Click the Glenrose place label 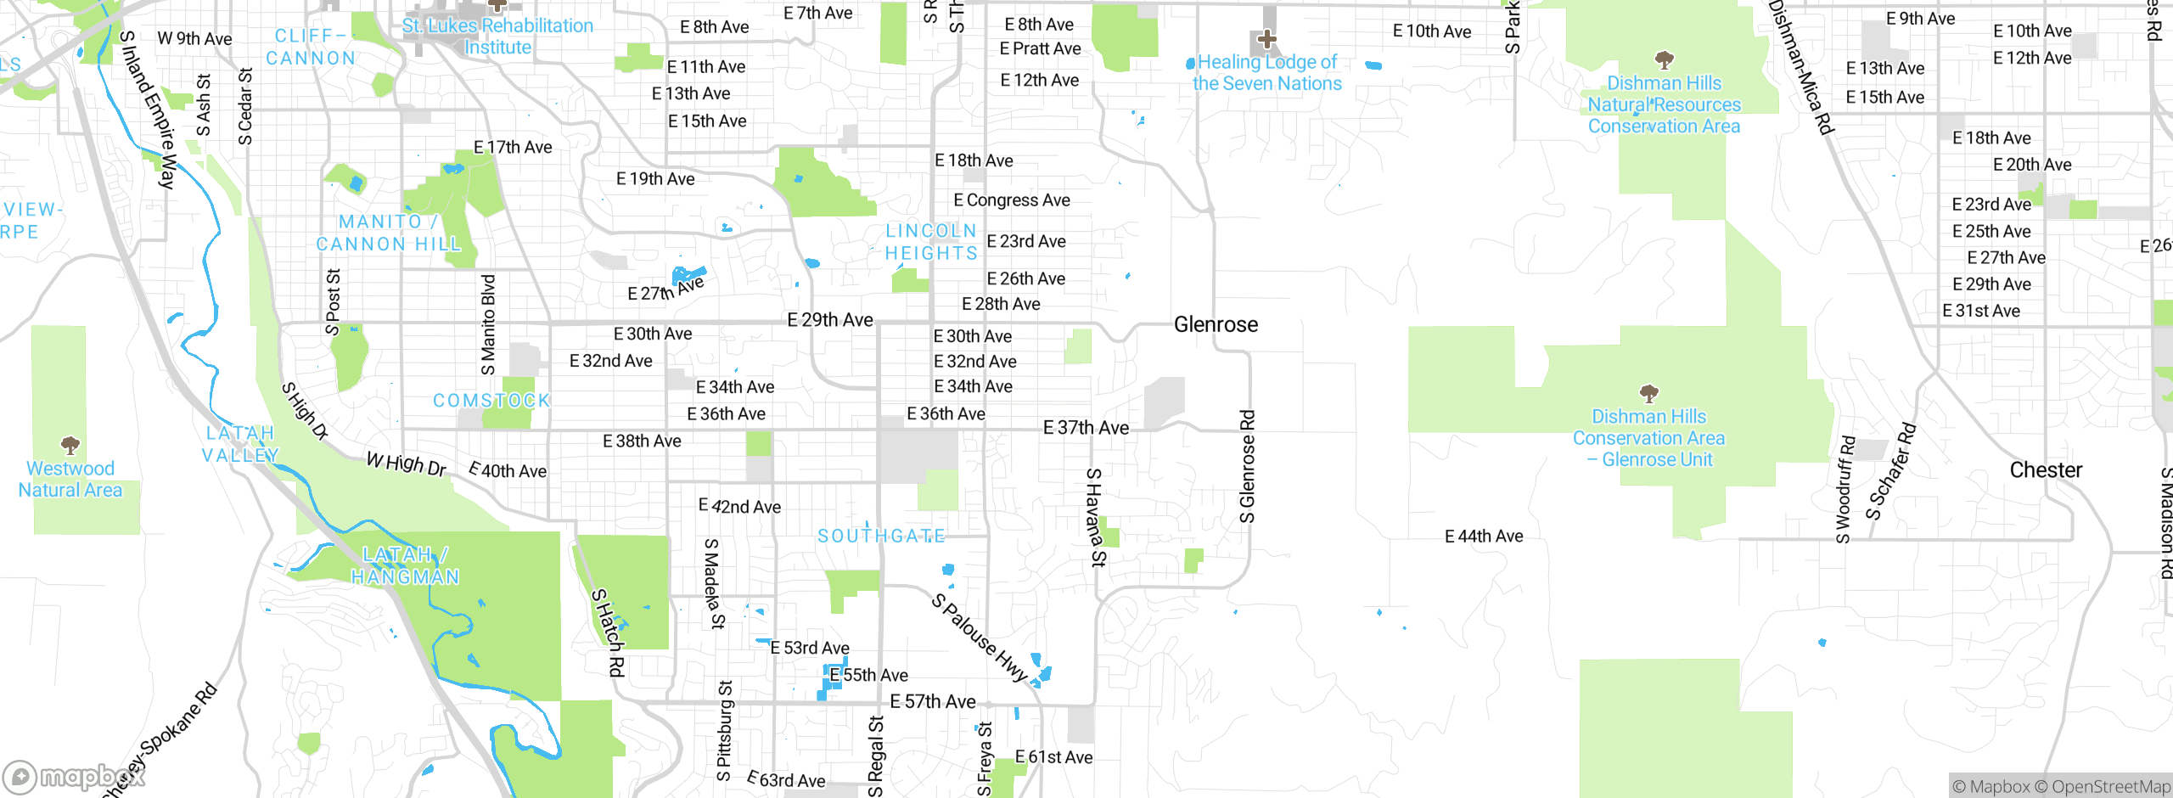click(x=1216, y=324)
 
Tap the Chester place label click(x=2046, y=470)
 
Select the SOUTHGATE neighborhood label click(x=881, y=536)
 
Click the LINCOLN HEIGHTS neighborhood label click(x=931, y=242)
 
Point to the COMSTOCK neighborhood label click(x=491, y=401)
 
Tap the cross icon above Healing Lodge click(x=1266, y=39)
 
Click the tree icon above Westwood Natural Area click(x=70, y=445)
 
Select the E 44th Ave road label click(x=1484, y=536)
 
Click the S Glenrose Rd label click(x=1247, y=467)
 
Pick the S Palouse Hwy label click(x=980, y=638)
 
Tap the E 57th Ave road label click(x=933, y=701)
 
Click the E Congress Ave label click(x=1011, y=200)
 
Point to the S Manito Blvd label click(x=488, y=324)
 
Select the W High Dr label click(x=406, y=464)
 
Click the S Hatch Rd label click(x=609, y=632)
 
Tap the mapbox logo click(x=73, y=776)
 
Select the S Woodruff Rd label click(x=1845, y=490)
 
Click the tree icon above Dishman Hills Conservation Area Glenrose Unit click(x=1648, y=393)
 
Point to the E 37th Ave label click(x=1086, y=428)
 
